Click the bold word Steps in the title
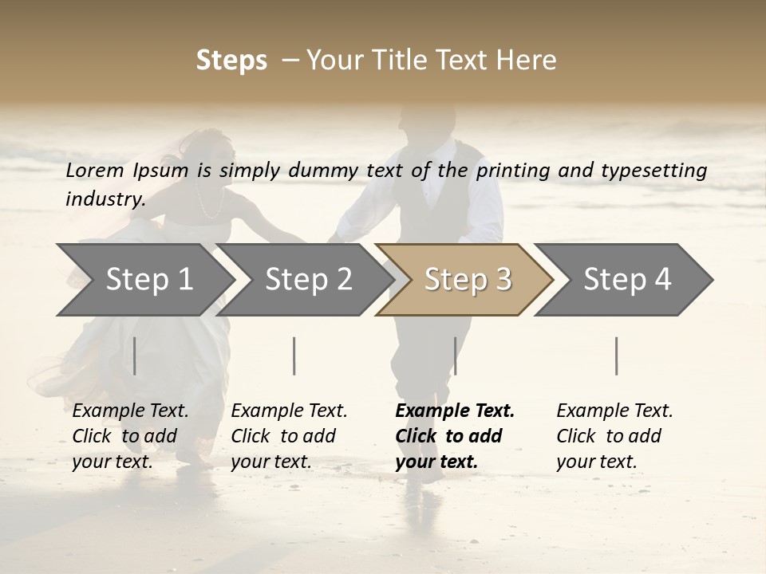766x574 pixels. click(x=231, y=61)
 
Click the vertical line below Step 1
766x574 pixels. click(x=135, y=356)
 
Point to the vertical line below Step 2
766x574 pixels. click(x=294, y=356)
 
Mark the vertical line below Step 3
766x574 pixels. click(x=455, y=356)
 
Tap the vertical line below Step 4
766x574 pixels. click(x=616, y=356)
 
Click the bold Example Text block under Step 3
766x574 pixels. click(x=455, y=436)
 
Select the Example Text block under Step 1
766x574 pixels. click(x=130, y=436)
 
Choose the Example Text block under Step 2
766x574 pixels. click(x=289, y=436)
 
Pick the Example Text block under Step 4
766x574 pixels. click(x=614, y=436)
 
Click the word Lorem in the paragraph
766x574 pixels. click(x=95, y=171)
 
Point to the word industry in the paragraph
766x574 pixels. click(x=105, y=199)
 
